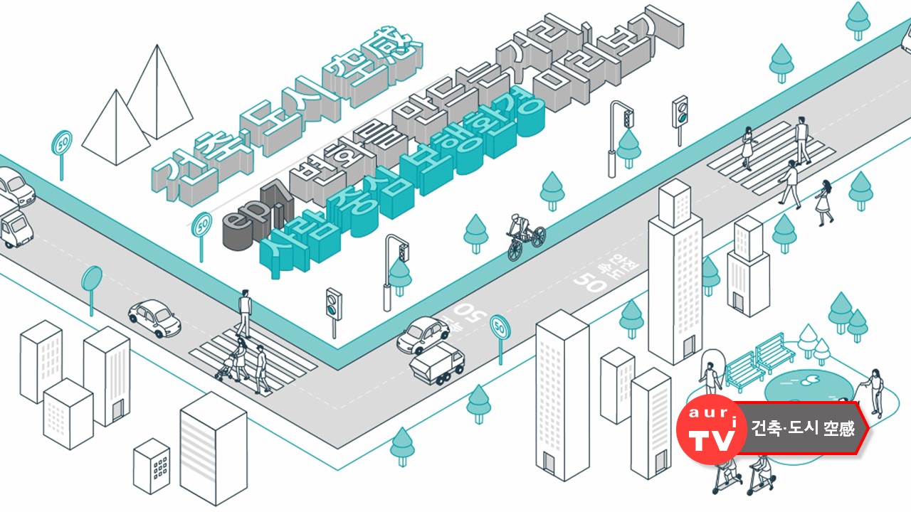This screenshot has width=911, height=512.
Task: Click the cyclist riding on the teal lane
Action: [x=525, y=235]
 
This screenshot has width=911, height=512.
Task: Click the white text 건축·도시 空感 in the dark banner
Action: [x=802, y=428]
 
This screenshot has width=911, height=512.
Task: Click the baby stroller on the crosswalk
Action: [x=228, y=367]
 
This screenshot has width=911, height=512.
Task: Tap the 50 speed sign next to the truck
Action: [x=500, y=328]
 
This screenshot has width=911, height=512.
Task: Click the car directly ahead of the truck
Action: [x=423, y=334]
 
